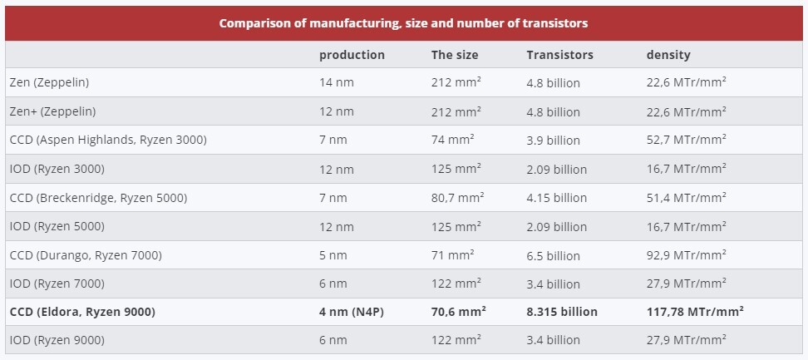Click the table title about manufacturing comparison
click(x=403, y=23)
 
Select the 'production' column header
click(x=352, y=55)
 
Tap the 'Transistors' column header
click(x=559, y=55)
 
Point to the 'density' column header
click(x=668, y=55)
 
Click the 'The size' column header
click(x=454, y=55)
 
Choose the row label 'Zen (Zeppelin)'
click(x=49, y=83)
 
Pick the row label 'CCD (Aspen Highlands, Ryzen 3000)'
click(x=108, y=140)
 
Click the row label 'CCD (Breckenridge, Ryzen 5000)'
click(x=98, y=198)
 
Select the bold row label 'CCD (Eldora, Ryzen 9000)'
click(x=82, y=312)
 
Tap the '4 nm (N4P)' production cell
click(x=352, y=312)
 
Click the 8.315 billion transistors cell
click(x=562, y=312)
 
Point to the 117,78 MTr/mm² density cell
click(x=694, y=312)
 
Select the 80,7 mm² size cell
click(x=457, y=198)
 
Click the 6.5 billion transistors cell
click(x=553, y=255)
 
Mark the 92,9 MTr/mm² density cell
click(x=686, y=255)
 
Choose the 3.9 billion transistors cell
click(x=553, y=140)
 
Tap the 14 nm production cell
click(x=336, y=83)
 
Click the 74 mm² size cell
click(x=452, y=140)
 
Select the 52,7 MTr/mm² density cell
click(x=686, y=140)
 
